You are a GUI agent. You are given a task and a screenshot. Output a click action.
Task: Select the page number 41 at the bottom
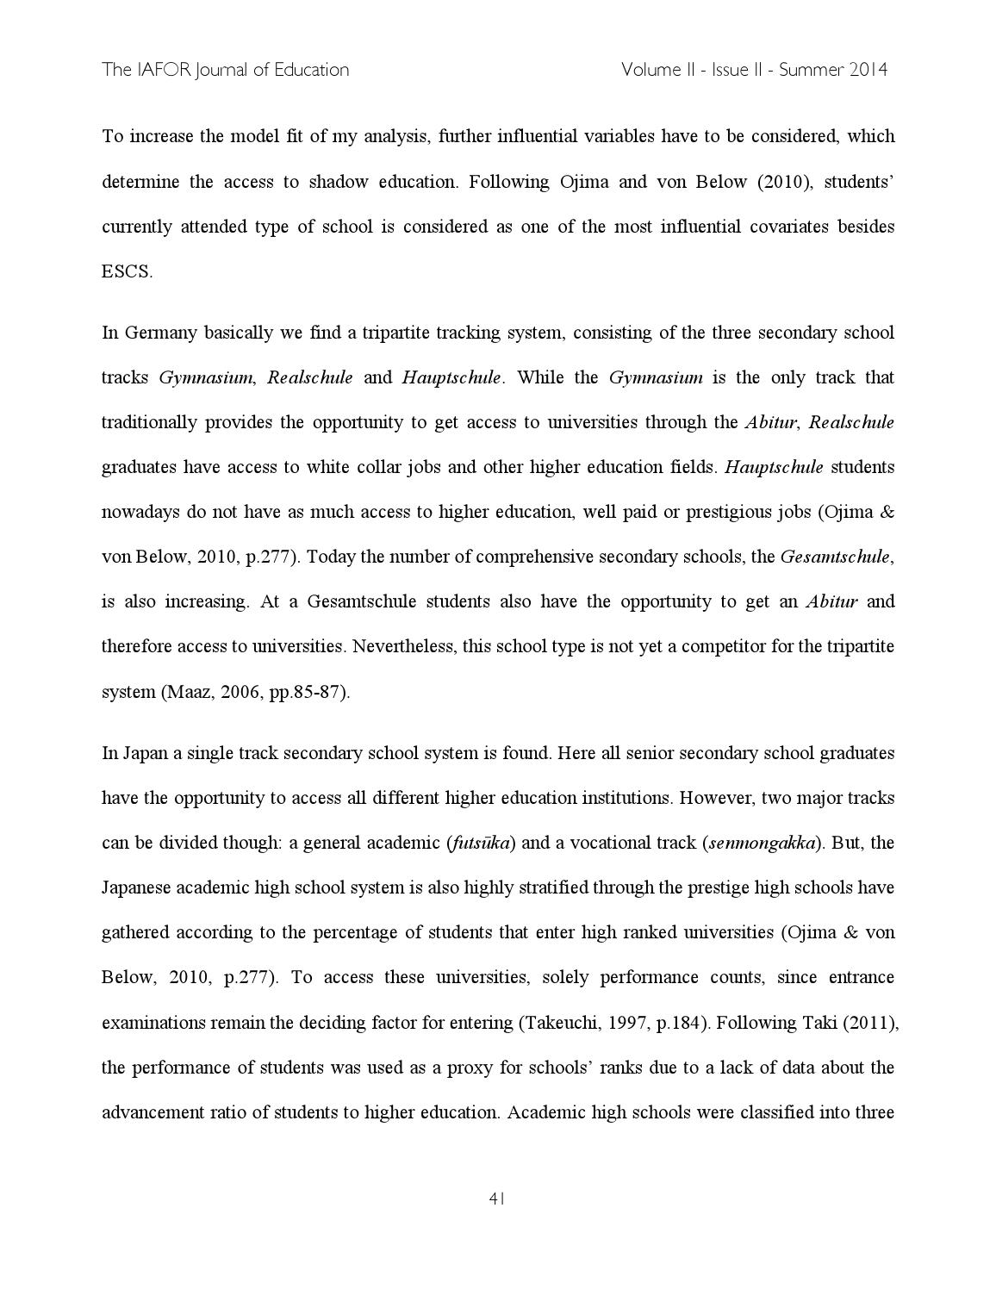[497, 1198]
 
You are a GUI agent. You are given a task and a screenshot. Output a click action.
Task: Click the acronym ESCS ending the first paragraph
[127, 271]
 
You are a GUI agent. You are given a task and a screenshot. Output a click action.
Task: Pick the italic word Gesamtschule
[834, 557]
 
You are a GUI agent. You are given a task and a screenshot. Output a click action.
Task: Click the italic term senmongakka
[762, 843]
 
